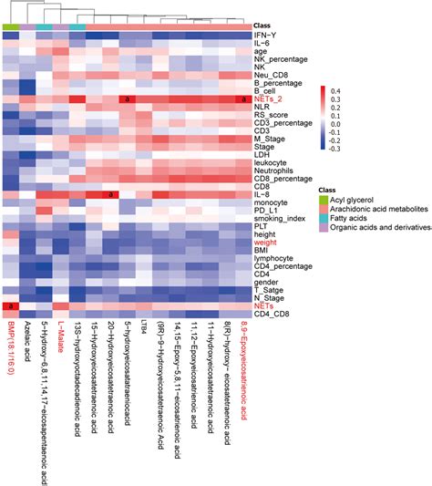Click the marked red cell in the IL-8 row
(110, 194)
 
